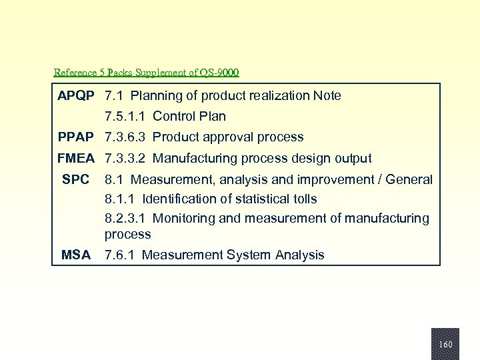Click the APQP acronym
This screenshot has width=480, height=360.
(75, 96)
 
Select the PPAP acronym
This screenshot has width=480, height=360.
(75, 137)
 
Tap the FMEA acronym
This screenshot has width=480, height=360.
(75, 159)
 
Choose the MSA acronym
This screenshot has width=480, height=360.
(75, 255)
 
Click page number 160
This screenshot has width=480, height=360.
(445, 345)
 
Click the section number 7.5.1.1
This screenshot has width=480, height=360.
(125, 117)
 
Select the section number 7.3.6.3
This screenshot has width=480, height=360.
(125, 137)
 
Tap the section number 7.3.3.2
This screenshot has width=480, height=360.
(125, 159)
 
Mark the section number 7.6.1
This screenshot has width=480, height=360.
(120, 255)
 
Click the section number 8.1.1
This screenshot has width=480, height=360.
(120, 199)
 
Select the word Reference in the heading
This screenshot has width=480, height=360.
(75, 72)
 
